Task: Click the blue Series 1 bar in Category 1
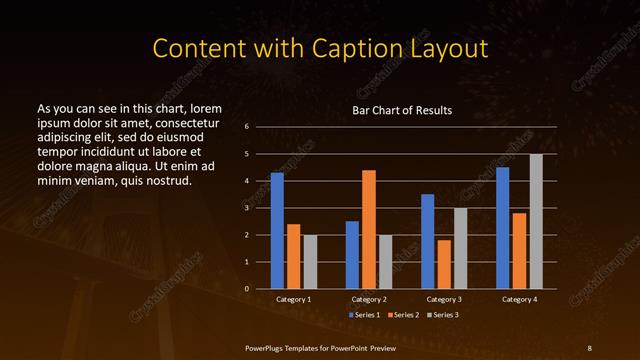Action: (x=277, y=231)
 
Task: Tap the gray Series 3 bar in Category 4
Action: (x=536, y=221)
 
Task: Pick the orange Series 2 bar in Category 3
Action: (x=443, y=264)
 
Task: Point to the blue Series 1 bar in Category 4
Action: (x=502, y=228)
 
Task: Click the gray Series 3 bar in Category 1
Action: (x=310, y=262)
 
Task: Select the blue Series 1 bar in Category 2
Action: (x=352, y=255)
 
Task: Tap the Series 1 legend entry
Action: (x=363, y=314)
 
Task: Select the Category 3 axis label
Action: (x=443, y=299)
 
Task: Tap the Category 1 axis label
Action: (x=294, y=299)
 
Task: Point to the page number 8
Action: (x=590, y=346)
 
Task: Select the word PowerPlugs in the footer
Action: (x=268, y=346)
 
